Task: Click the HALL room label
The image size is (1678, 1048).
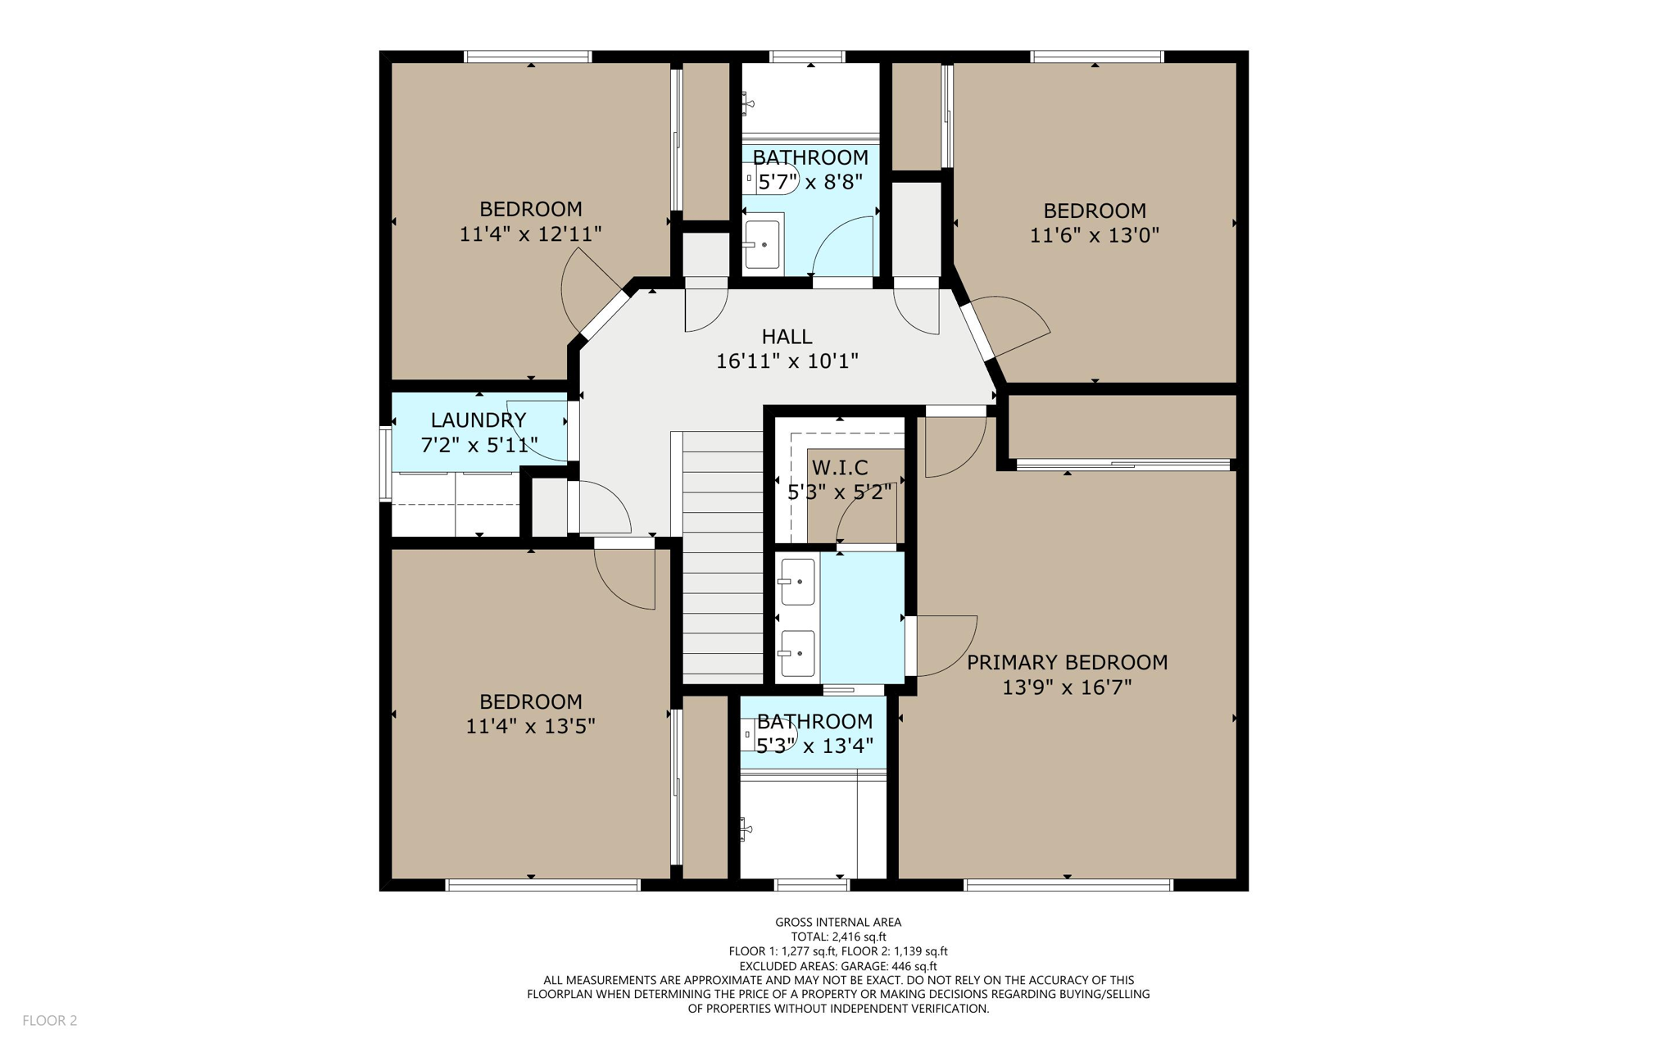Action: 787,336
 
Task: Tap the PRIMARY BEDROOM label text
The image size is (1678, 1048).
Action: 1067,662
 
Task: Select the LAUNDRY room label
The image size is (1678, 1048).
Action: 478,420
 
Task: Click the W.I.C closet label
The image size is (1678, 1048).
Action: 840,468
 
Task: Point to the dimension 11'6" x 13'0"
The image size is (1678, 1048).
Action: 1094,235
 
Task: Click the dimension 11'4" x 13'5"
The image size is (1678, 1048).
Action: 530,726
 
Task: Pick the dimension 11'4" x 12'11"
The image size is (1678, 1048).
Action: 530,234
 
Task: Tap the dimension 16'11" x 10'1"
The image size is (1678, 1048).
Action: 787,361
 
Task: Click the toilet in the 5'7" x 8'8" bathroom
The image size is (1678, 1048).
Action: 770,178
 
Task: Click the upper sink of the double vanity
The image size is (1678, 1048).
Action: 797,581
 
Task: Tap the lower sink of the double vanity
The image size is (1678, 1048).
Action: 797,653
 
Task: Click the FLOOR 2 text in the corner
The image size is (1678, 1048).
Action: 49,1020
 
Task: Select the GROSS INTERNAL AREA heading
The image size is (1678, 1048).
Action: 837,922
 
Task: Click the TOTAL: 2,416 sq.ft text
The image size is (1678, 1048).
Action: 837,937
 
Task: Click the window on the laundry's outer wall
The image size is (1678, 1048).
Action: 385,463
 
